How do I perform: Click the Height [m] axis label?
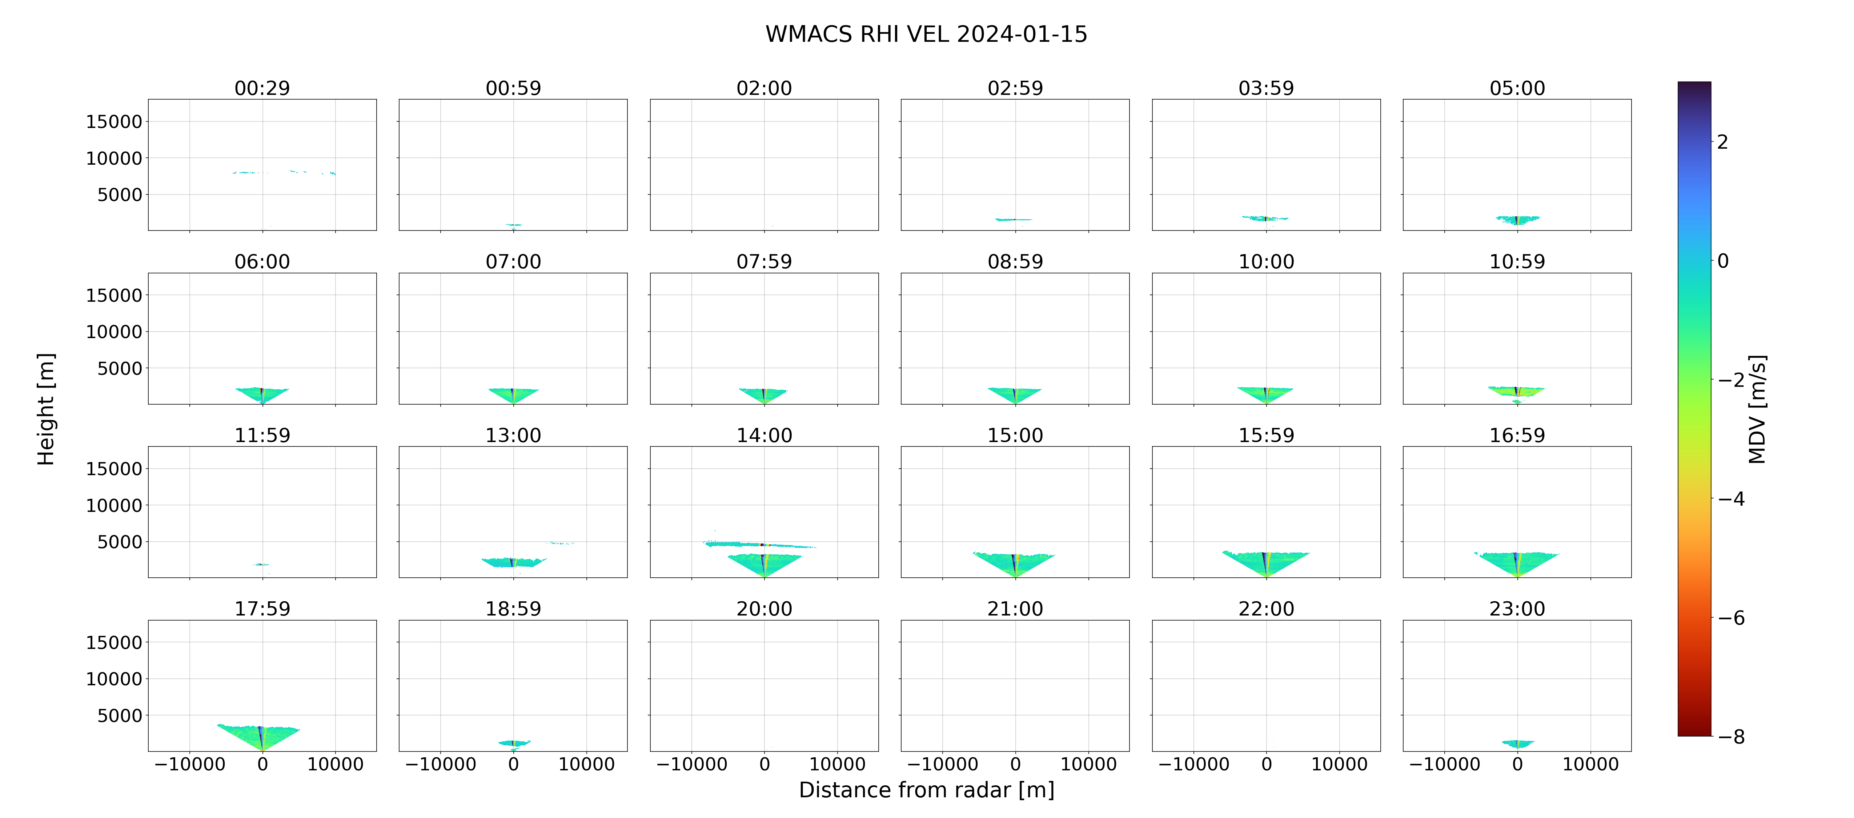point(45,409)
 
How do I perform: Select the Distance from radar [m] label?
point(926,790)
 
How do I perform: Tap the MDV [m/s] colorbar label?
point(1757,409)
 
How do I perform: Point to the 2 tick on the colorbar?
point(1722,142)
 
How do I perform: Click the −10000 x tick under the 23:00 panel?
point(1444,764)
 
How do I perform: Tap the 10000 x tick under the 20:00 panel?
point(837,764)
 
